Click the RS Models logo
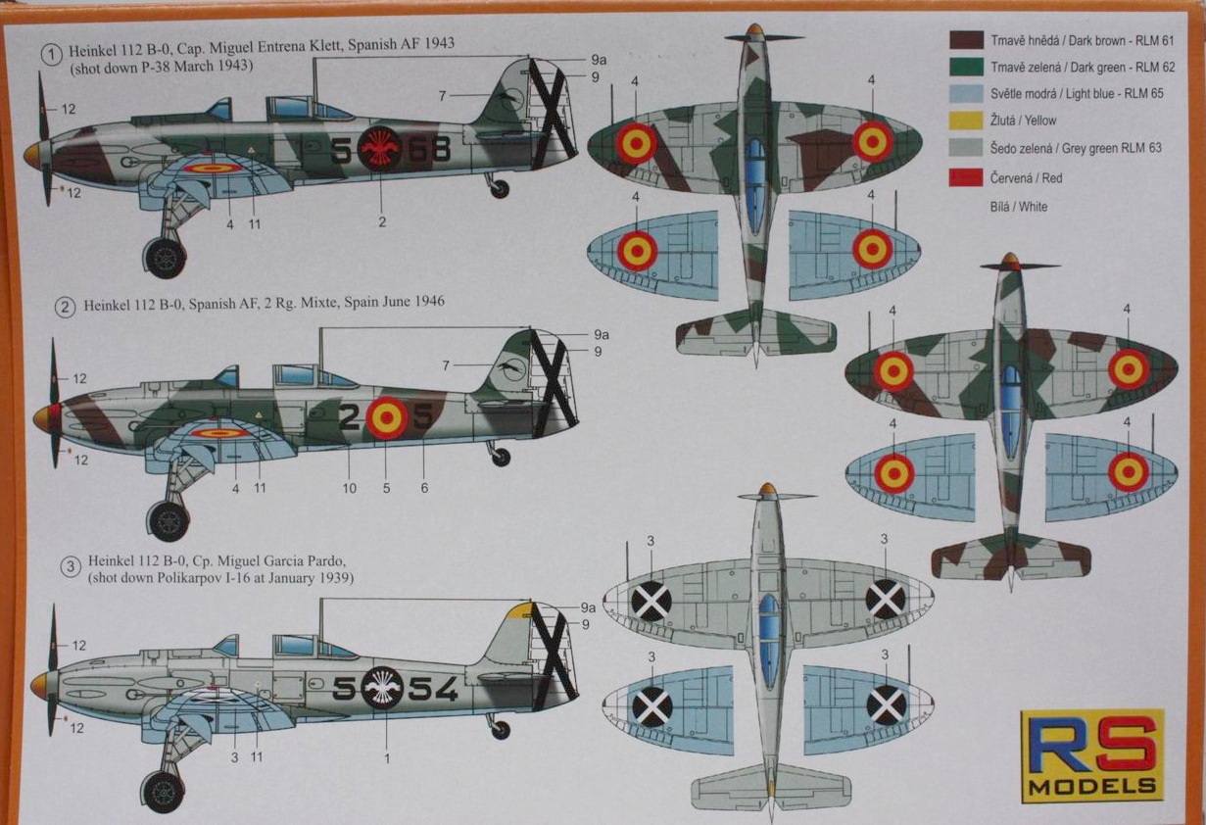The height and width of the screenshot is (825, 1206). [1092, 753]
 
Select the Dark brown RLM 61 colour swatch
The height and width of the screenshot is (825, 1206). [965, 40]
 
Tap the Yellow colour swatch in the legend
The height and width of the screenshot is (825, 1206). [965, 121]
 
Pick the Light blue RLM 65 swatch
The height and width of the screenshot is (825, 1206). [965, 94]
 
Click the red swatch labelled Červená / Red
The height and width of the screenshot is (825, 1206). [965, 178]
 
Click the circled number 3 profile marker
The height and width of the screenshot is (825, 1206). [70, 566]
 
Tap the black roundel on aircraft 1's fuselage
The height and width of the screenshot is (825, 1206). [378, 148]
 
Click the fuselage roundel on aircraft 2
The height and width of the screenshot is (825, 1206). [387, 418]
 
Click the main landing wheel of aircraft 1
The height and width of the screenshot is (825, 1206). [165, 257]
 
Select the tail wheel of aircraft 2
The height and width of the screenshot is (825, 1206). [501, 457]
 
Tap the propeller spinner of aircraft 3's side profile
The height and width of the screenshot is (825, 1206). [40, 685]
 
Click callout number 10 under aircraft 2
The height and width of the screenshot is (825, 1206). [350, 487]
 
